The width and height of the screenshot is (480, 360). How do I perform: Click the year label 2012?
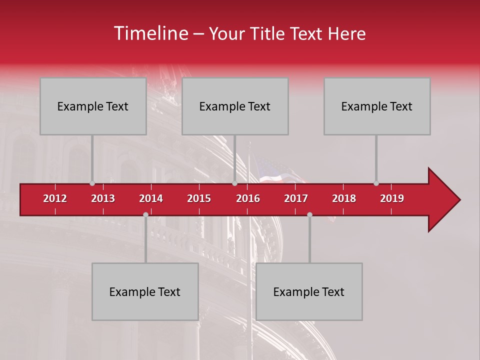pyautogui.click(x=55, y=198)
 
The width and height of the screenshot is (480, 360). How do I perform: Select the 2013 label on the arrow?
pyautogui.click(x=103, y=198)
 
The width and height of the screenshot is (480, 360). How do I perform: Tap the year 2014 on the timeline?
pyautogui.click(x=151, y=198)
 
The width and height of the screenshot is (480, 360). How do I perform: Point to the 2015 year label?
pyautogui.click(x=199, y=198)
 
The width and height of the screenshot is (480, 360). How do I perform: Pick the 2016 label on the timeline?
pyautogui.click(x=248, y=198)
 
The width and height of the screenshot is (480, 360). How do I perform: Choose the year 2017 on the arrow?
pyautogui.click(x=296, y=198)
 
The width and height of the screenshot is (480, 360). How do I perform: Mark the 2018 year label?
pyautogui.click(x=344, y=198)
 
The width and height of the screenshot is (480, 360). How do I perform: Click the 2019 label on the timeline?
pyautogui.click(x=392, y=198)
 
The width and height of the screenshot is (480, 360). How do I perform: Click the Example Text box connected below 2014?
pyautogui.click(x=145, y=291)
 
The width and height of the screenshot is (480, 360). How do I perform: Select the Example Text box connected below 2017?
pyautogui.click(x=309, y=291)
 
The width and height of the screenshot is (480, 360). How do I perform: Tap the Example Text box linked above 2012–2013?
pyautogui.click(x=93, y=106)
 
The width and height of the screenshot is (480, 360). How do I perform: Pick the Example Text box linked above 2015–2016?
pyautogui.click(x=235, y=106)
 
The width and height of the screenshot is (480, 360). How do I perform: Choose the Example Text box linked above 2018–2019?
pyautogui.click(x=377, y=106)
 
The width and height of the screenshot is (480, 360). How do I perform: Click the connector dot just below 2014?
pyautogui.click(x=145, y=214)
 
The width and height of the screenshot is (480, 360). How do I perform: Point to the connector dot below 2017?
pyautogui.click(x=309, y=214)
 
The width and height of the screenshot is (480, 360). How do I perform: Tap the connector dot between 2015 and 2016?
pyautogui.click(x=234, y=183)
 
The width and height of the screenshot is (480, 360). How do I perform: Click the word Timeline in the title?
pyautogui.click(x=150, y=33)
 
